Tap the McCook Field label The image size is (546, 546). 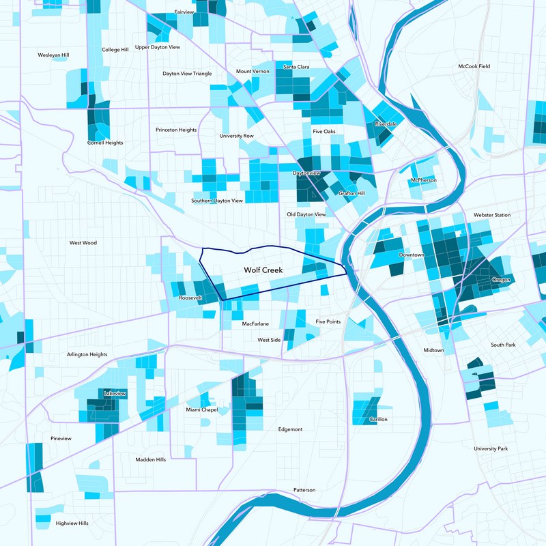(x=474, y=66)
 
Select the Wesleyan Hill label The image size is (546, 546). (x=53, y=55)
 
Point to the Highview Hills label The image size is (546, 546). (x=72, y=523)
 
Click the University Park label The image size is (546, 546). (x=491, y=448)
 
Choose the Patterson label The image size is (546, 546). (x=304, y=490)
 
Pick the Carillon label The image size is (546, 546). (x=378, y=419)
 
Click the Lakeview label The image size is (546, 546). (x=115, y=394)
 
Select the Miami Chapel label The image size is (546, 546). (x=203, y=410)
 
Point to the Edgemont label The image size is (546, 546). (x=290, y=429)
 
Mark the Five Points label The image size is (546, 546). (x=328, y=321)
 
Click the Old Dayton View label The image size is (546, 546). (x=306, y=214)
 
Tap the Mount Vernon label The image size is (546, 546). (x=253, y=71)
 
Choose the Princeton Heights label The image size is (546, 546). (x=176, y=130)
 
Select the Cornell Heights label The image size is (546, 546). (x=105, y=143)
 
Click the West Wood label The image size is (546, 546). (x=83, y=243)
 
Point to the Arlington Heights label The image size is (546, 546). (x=87, y=354)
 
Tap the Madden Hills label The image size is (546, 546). (x=151, y=459)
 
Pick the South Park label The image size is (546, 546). (x=503, y=345)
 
